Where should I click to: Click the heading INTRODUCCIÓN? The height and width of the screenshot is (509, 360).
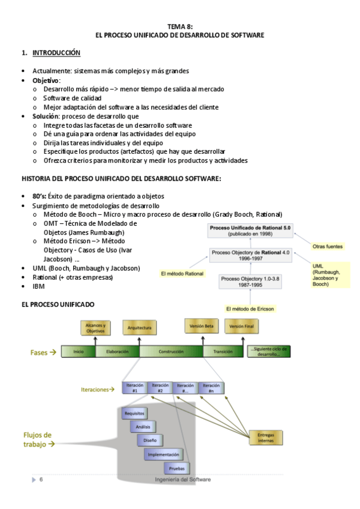pyautogui.click(x=56, y=53)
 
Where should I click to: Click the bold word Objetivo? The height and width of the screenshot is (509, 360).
pyautogui.click(x=46, y=80)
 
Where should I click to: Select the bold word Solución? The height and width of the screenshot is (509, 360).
pyautogui.click(x=46, y=116)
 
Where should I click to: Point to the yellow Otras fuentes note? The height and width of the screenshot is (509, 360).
pyautogui.click(x=328, y=246)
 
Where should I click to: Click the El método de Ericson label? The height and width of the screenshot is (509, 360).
pyautogui.click(x=250, y=309)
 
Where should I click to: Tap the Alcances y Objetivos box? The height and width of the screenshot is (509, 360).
pyautogui.click(x=95, y=328)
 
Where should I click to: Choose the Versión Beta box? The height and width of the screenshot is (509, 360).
pyautogui.click(x=201, y=327)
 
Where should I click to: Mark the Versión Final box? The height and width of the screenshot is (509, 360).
pyautogui.click(x=242, y=327)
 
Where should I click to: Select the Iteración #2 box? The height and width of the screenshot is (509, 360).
pyautogui.click(x=160, y=388)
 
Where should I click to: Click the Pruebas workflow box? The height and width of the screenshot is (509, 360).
pyautogui.click(x=176, y=468)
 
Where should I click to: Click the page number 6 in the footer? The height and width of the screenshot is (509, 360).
pyautogui.click(x=41, y=480)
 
